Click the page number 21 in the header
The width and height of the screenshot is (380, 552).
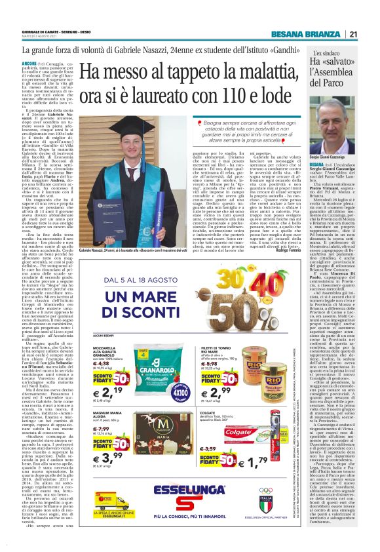pyautogui.click(x=352, y=34)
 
